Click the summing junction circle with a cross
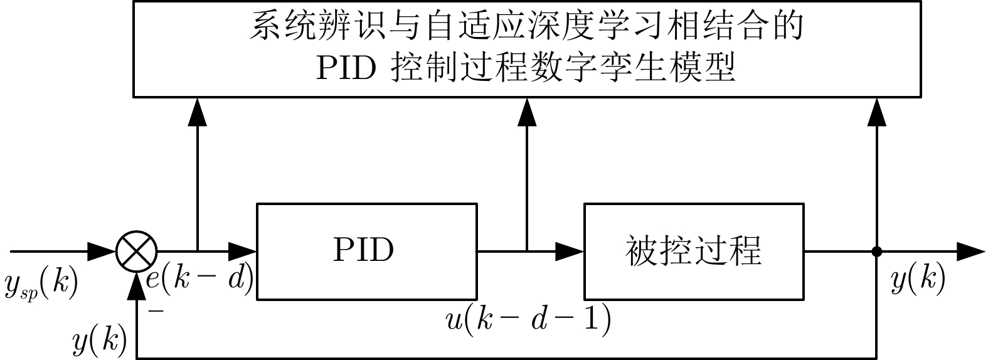[x=135, y=252]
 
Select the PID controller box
[x=366, y=251]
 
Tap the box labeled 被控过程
[x=694, y=251]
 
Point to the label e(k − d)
[x=199, y=280]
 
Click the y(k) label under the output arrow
[x=918, y=280]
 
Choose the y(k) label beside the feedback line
[x=100, y=342]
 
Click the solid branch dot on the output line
[x=876, y=252]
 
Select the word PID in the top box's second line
[x=344, y=67]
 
